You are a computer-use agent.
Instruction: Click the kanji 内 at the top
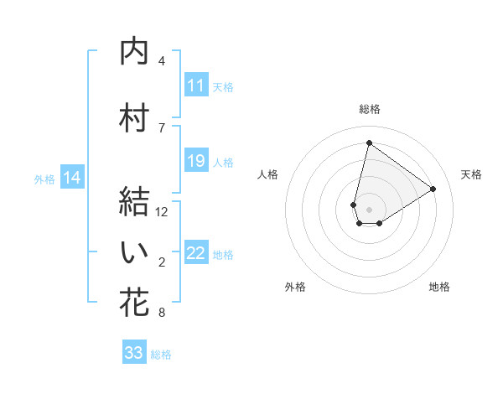134,52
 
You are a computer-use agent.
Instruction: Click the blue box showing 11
196,86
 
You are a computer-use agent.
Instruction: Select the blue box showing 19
196,161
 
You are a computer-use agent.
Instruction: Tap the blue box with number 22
196,253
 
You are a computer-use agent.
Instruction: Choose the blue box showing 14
72,178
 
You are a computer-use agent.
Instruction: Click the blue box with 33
134,353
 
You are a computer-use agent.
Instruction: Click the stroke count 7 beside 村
162,127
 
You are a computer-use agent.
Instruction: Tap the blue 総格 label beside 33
161,355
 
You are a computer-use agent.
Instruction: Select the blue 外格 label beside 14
44,179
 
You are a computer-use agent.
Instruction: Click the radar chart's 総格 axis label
369,109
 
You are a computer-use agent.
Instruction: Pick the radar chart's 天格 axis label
472,174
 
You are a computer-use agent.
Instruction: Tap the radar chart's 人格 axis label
267,174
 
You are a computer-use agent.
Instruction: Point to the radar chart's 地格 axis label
439,287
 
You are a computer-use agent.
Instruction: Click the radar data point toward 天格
433,189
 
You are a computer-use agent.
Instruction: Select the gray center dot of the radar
369,208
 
